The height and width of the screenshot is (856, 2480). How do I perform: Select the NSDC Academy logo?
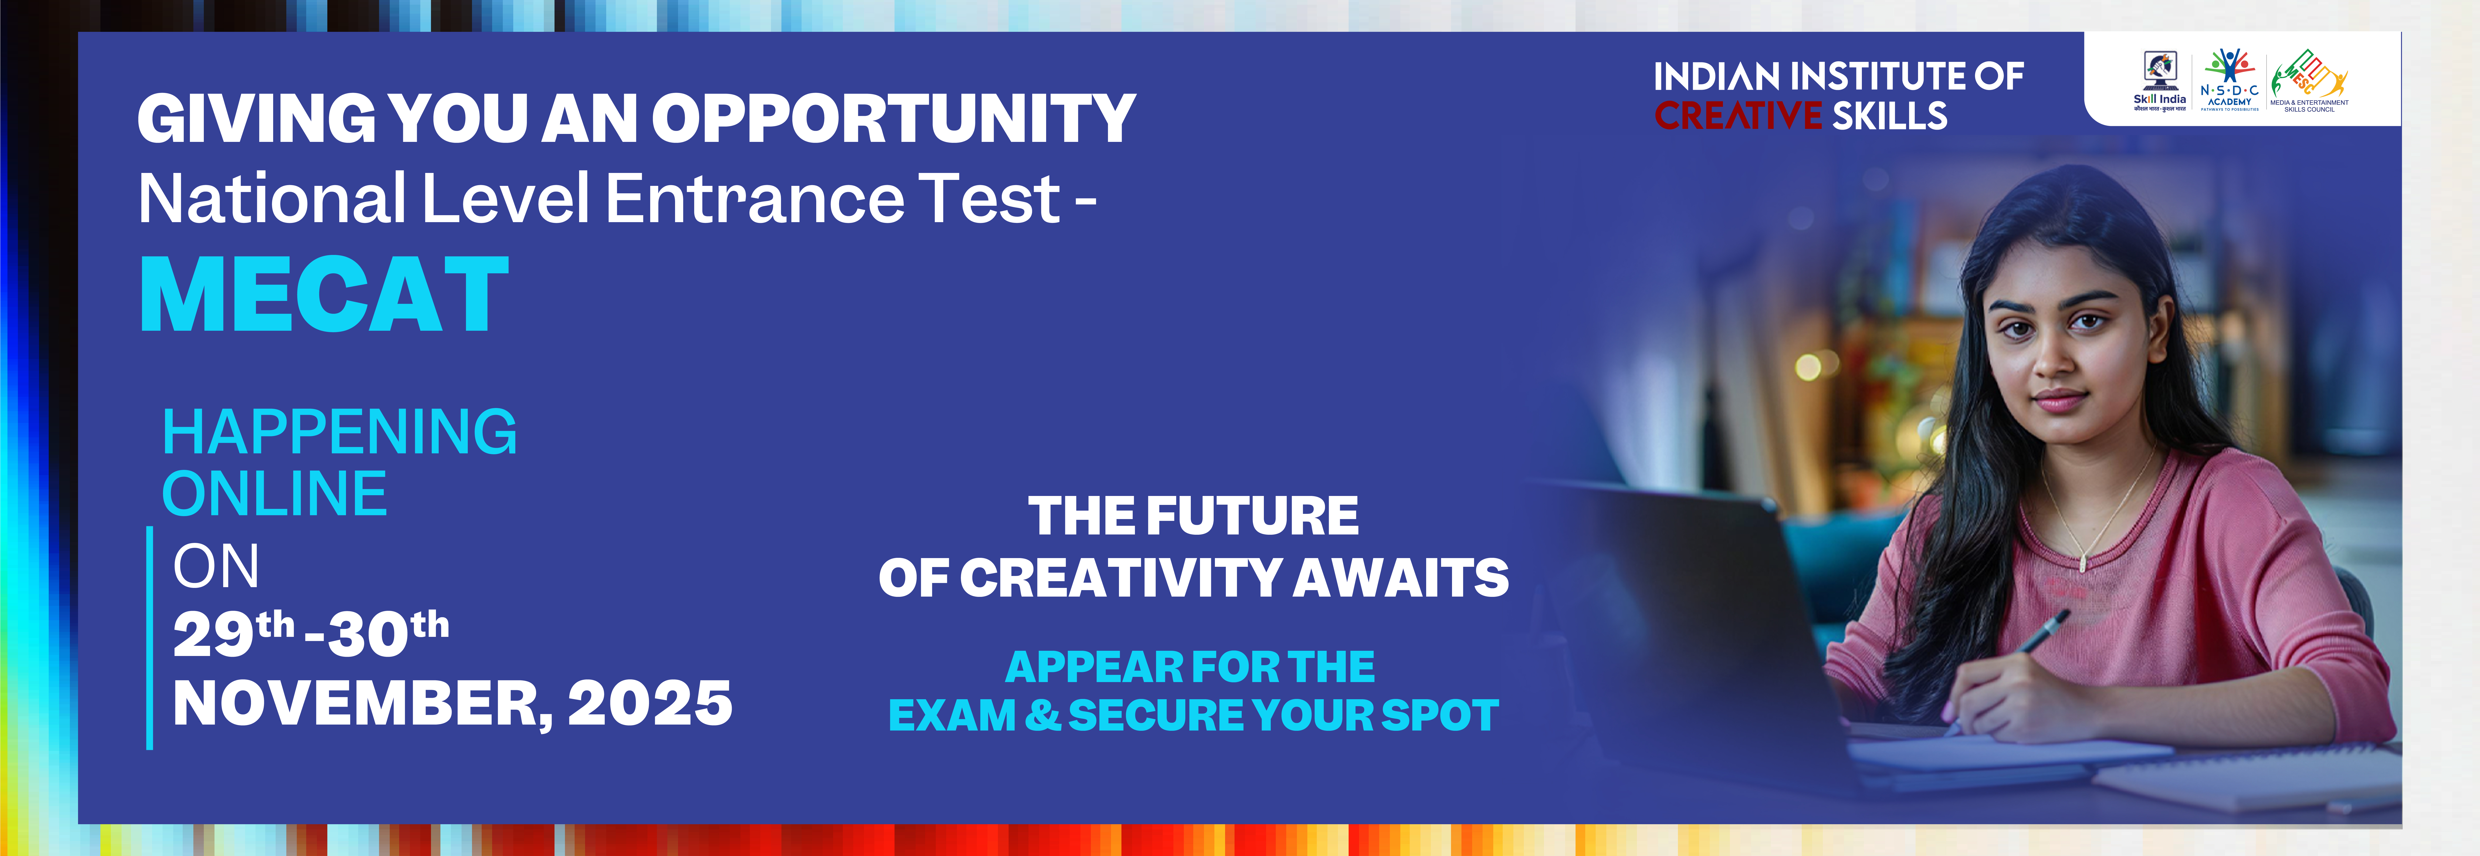point(2229,80)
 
